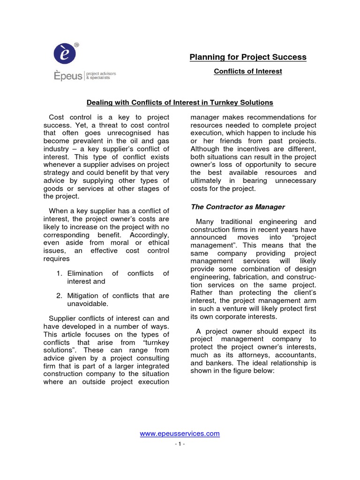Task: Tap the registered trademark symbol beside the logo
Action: [77, 45]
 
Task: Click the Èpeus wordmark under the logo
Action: [67, 76]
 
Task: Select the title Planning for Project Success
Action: [247, 57]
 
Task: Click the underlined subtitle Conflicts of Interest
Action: [247, 72]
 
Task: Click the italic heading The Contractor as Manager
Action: [237, 207]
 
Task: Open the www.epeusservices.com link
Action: [180, 434]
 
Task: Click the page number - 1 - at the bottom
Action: [180, 444]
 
